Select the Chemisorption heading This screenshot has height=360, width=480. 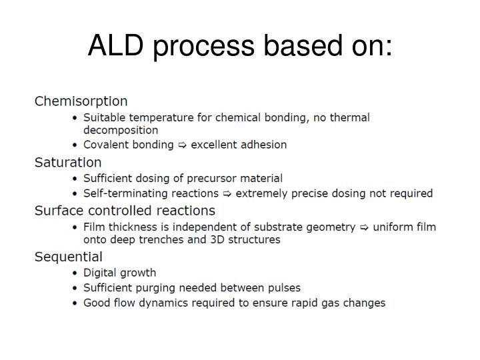(x=81, y=101)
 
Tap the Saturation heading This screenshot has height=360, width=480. (x=68, y=162)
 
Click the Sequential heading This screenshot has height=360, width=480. (x=69, y=257)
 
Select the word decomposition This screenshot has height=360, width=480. (x=121, y=130)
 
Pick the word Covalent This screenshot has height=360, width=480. (x=106, y=145)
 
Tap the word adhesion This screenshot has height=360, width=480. (x=262, y=145)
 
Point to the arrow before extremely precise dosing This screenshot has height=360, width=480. (x=227, y=193)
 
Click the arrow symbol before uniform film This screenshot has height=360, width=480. (x=365, y=227)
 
